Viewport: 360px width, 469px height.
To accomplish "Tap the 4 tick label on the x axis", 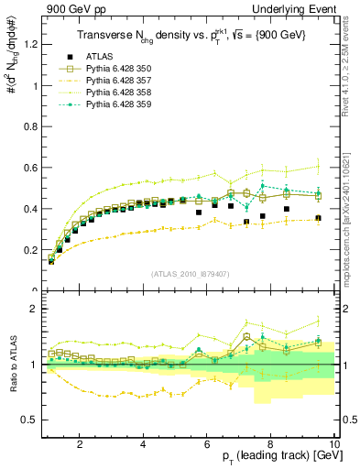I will tap(144, 443).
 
